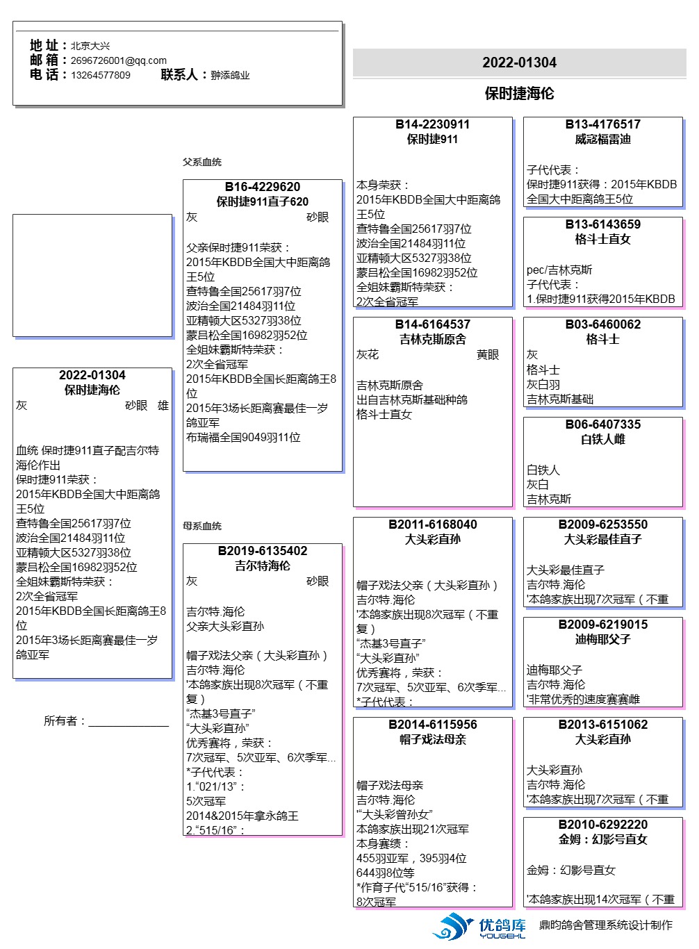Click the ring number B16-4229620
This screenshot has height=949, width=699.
[x=262, y=187]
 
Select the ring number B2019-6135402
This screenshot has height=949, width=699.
[x=262, y=551]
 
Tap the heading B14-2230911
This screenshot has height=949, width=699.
[x=432, y=124]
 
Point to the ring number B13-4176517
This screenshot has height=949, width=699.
[x=602, y=124]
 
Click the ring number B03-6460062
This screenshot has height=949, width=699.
[x=602, y=324]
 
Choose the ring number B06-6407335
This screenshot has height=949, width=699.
[x=602, y=424]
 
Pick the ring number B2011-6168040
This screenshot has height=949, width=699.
[x=432, y=525]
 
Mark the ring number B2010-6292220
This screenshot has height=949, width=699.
[x=602, y=825]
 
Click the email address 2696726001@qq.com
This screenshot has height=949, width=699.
[x=118, y=60]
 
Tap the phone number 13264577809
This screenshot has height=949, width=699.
[x=100, y=75]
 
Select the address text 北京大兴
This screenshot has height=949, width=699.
[x=90, y=46]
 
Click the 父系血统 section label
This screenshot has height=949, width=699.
[x=202, y=162]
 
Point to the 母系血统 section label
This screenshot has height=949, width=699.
[x=202, y=526]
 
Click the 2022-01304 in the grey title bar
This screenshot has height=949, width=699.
[x=519, y=63]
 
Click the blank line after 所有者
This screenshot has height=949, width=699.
[x=129, y=723]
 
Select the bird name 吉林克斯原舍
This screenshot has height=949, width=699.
[x=432, y=339]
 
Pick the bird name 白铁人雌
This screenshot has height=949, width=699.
[x=602, y=439]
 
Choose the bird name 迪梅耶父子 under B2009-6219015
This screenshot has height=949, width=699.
[x=602, y=639]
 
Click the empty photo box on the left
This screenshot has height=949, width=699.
[x=92, y=275]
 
